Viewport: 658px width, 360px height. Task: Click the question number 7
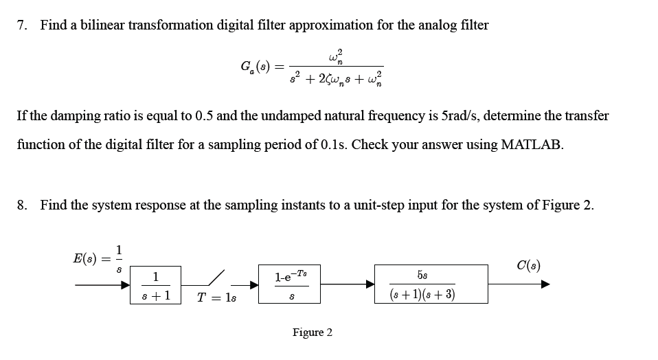point(22,25)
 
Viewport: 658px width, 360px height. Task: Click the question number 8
point(22,205)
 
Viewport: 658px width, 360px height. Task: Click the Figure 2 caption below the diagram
point(312,333)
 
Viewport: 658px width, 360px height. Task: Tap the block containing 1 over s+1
point(156,284)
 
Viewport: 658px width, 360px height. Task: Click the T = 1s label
point(216,297)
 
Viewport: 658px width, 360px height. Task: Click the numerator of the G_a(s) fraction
point(336,55)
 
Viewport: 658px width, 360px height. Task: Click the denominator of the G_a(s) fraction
point(336,77)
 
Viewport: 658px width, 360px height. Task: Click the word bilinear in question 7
point(92,25)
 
